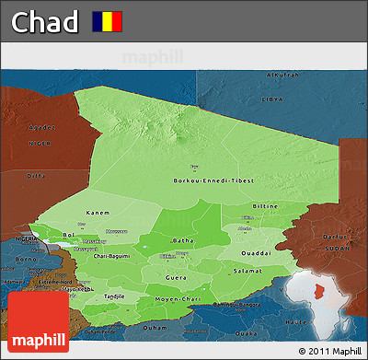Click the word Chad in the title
[x=43, y=20]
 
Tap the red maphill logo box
[x=38, y=323]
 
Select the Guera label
[x=176, y=276]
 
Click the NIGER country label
[x=40, y=144]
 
